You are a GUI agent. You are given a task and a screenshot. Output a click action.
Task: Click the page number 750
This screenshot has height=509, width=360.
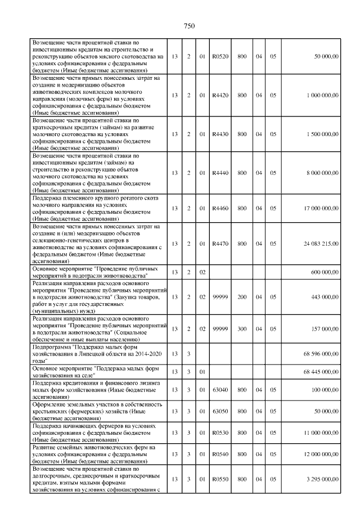(x=189, y=25)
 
